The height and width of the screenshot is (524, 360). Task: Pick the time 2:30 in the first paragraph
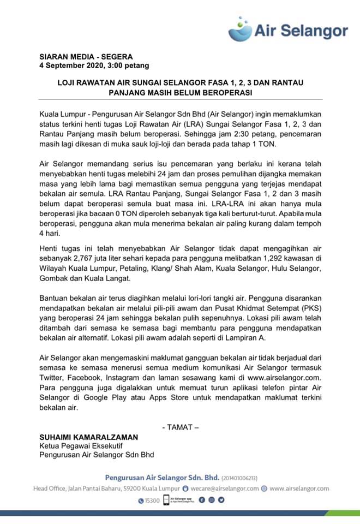pyautogui.click(x=249, y=134)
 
